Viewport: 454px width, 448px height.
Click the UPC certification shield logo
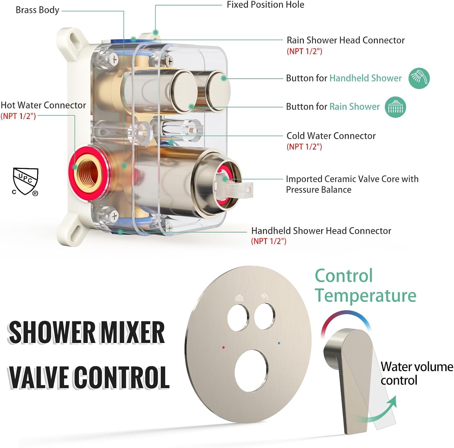[x=25, y=181]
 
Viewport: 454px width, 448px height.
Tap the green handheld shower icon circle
[x=419, y=78]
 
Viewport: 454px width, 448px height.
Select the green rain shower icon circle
[x=395, y=107]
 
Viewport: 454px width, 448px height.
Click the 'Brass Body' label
[x=37, y=10]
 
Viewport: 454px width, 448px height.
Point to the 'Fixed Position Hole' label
[x=265, y=5]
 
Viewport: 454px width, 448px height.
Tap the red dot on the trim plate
[x=223, y=348]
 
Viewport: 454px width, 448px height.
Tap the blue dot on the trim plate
[x=279, y=343]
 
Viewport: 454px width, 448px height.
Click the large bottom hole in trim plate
[x=252, y=371]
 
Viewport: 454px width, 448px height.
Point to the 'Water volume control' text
[x=416, y=373]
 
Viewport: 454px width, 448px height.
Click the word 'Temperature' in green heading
[x=366, y=295]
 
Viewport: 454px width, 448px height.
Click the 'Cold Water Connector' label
[x=331, y=136]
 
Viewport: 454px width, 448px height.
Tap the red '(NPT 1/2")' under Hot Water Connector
[x=18, y=116]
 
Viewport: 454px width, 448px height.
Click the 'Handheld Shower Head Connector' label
[x=321, y=231]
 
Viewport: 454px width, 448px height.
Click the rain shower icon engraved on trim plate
[x=240, y=298]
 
